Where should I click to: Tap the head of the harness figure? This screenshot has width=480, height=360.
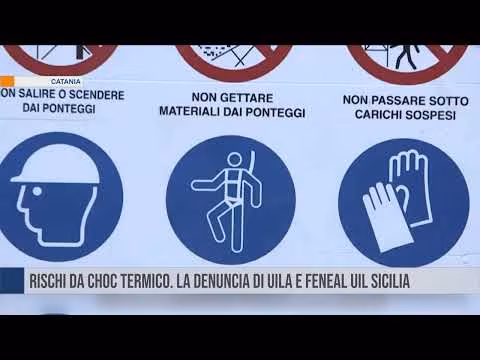pyautogui.click(x=233, y=159)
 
